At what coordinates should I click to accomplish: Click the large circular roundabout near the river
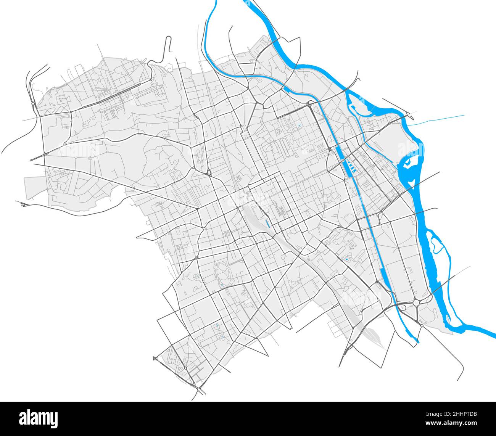[416, 302]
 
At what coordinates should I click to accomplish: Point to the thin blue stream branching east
[439, 119]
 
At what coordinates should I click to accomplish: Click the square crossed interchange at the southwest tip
[155, 358]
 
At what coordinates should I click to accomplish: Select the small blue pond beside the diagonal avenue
[346, 259]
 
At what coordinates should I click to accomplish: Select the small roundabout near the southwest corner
[185, 368]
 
